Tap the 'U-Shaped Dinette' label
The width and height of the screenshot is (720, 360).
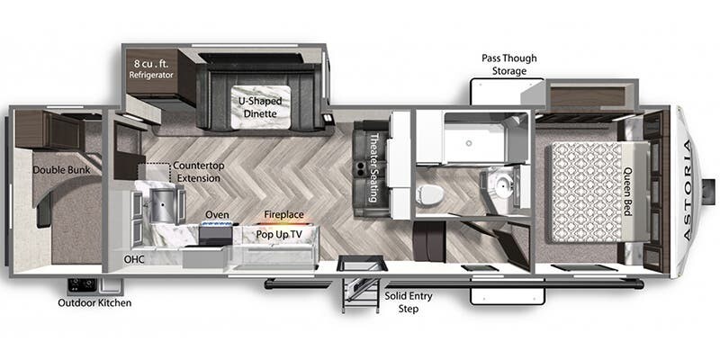(x=258, y=107)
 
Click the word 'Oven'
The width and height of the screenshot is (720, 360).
(x=217, y=214)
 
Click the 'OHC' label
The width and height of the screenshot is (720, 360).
(x=134, y=259)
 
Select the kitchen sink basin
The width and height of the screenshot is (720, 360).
(x=160, y=201)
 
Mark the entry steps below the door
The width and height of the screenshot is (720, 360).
(x=363, y=287)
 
